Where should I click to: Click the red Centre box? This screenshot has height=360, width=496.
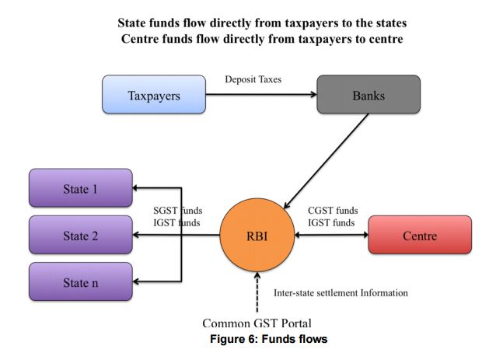pos(419,235)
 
